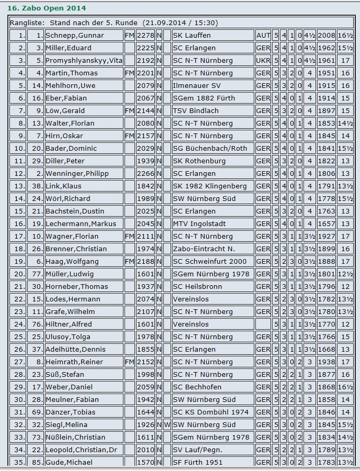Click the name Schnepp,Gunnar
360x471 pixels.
pyautogui.click(x=75, y=36)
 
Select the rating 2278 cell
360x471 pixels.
pyautogui.click(x=145, y=36)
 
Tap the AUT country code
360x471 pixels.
pyautogui.click(x=263, y=36)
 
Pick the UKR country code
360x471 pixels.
pyautogui.click(x=263, y=61)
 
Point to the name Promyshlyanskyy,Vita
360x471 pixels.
pyautogui.click(x=84, y=61)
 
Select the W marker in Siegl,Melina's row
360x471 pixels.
pyautogui.click(x=167, y=425)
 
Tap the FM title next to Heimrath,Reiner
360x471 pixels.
pyautogui.click(x=129, y=362)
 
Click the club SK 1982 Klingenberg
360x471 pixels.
pyautogui.click(x=209, y=186)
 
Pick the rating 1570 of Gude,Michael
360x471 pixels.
pyautogui.click(x=145, y=463)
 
